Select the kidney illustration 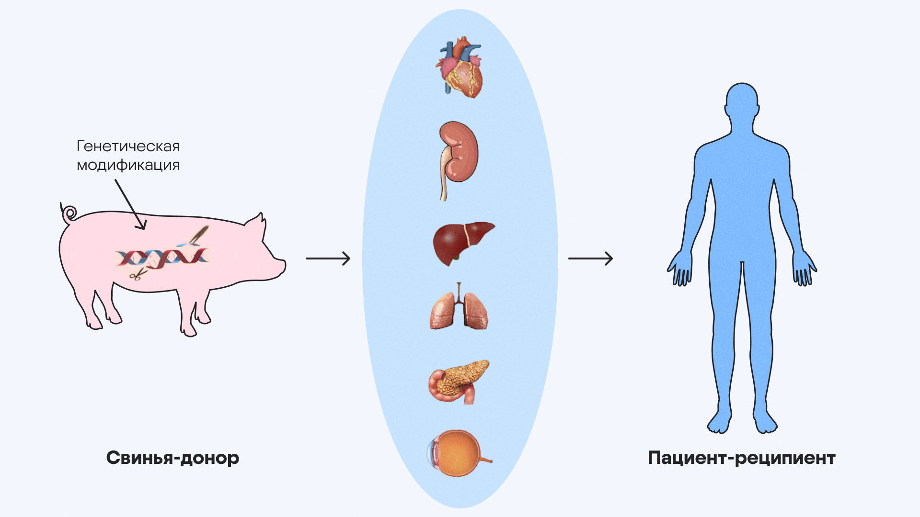pos(459,153)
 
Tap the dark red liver pos(460,242)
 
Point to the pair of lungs pos(459,309)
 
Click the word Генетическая pos(128,146)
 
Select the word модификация pos(128,165)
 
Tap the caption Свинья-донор pos(172,458)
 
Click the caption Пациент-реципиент pos(741,458)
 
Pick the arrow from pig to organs pos(328,258)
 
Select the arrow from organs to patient pos(590,258)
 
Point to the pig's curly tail pos(69,213)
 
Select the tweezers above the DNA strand pos(199,234)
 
